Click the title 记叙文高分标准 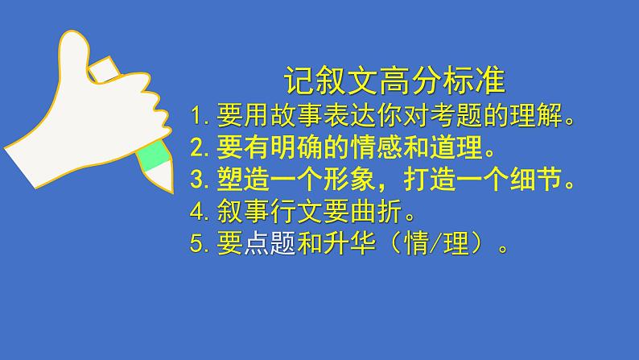click(x=394, y=81)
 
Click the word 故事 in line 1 click(x=295, y=118)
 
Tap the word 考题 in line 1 click(x=440, y=118)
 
